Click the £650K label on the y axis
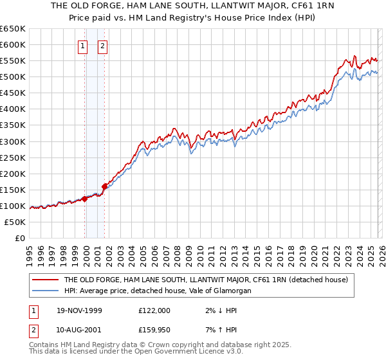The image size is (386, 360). click(x=13, y=29)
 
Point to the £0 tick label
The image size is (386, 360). click(x=19, y=238)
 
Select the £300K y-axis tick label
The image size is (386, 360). click(x=13, y=141)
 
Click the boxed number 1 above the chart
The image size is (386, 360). click(x=84, y=46)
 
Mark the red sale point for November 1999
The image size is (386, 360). click(x=84, y=199)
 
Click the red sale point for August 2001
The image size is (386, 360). click(x=104, y=186)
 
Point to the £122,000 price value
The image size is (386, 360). click(x=154, y=310)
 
